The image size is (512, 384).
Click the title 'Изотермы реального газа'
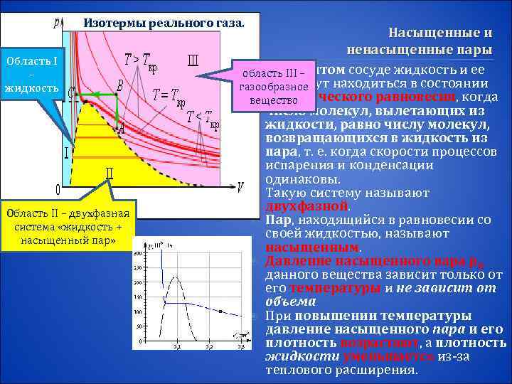point(164,21)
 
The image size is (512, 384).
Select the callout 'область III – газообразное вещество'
point(273,87)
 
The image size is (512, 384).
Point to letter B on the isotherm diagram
point(119,85)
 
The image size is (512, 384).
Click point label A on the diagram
point(121,129)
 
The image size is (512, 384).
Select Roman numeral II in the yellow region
point(110,172)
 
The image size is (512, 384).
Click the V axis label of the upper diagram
point(240,186)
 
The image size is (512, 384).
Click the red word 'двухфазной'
point(306,206)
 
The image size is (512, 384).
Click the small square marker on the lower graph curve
point(220,311)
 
